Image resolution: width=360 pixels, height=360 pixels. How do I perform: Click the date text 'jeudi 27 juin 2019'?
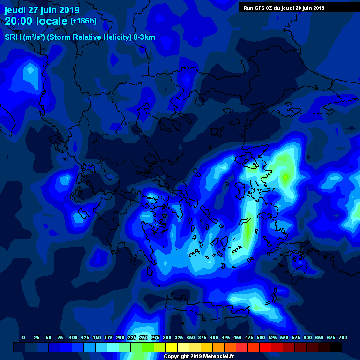pos(42,10)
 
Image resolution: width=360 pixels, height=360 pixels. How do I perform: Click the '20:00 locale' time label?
pos(36,21)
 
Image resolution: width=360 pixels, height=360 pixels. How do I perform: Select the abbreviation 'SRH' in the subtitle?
pos(13,37)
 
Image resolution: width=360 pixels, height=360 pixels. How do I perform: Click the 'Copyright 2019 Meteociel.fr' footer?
pos(198,357)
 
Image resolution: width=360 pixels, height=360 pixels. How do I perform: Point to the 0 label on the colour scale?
pos(24,337)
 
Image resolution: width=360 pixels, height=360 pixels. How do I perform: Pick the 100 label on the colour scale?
pos(73,337)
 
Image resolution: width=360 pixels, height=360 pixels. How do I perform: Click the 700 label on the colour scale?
pos(343,337)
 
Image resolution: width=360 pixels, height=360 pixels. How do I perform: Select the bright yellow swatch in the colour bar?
pos(172,347)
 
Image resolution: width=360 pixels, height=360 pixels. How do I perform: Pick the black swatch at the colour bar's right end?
pos(336,347)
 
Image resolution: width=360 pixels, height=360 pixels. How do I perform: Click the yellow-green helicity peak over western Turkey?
pos(285,177)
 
